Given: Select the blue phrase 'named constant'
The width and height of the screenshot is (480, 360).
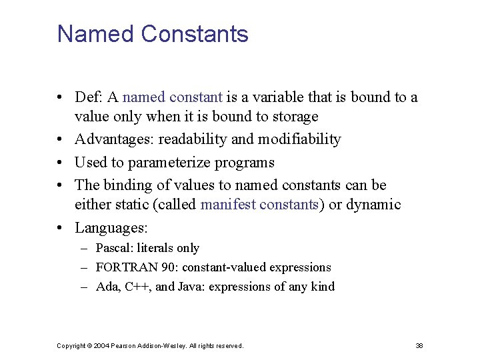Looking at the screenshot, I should (173, 97).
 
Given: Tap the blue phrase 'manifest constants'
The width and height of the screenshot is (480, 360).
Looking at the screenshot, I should (259, 205).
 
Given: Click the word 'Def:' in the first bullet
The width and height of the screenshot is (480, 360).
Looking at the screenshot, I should (89, 97).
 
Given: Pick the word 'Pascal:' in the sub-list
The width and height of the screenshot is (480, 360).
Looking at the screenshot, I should (115, 249).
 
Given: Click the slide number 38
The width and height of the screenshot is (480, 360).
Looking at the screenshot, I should (419, 346).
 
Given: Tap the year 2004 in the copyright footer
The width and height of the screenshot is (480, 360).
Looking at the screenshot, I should (102, 346).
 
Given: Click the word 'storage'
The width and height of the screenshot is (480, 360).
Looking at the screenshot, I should (293, 117).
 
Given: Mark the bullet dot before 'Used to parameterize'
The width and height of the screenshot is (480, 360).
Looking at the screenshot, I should (61, 163).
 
